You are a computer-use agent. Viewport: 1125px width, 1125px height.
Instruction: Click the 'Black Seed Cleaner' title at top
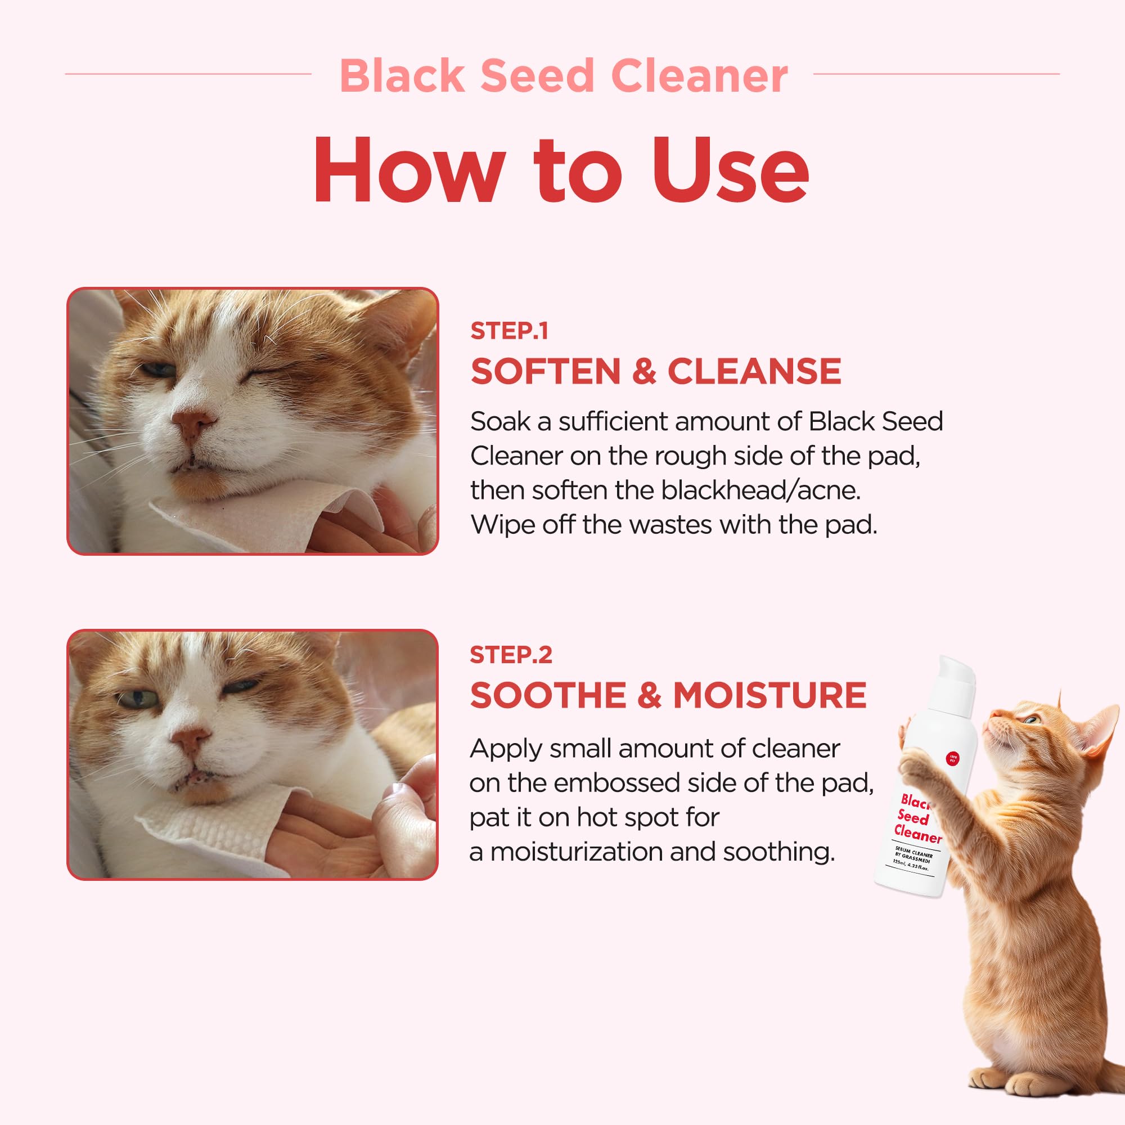click(x=562, y=76)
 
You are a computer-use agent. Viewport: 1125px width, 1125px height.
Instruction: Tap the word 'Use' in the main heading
click(x=730, y=170)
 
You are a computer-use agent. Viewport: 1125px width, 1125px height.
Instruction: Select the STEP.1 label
click(x=509, y=331)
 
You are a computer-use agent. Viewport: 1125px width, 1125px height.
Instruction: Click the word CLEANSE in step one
click(x=754, y=371)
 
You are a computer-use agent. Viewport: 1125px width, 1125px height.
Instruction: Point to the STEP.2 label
click(x=511, y=655)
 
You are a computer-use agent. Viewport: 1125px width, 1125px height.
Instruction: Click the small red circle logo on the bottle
click(x=953, y=758)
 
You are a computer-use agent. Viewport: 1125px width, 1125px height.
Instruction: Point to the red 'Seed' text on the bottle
click(x=913, y=817)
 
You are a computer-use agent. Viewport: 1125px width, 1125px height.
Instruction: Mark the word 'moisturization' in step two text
click(x=576, y=852)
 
